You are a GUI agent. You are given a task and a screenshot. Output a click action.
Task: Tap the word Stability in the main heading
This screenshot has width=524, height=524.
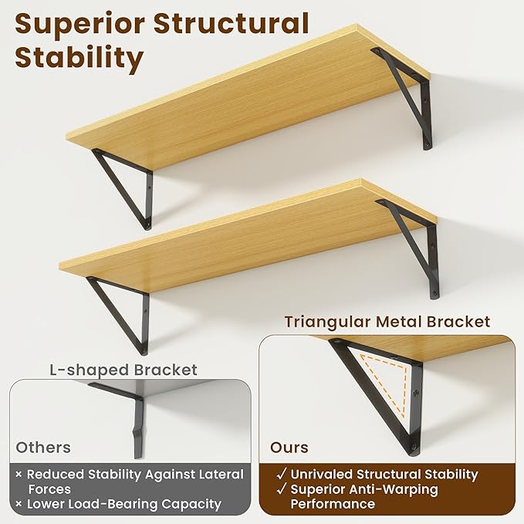pyautogui.click(x=79, y=58)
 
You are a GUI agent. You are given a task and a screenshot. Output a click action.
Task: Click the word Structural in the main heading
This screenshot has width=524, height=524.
pyautogui.click(x=232, y=22)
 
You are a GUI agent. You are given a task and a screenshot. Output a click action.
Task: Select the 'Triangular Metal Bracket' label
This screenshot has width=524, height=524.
pyautogui.click(x=387, y=322)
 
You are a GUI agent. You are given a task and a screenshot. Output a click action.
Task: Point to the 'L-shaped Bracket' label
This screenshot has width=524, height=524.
pyautogui.click(x=123, y=370)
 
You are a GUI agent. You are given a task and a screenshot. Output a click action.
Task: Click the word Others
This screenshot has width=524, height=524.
pyautogui.click(x=43, y=448)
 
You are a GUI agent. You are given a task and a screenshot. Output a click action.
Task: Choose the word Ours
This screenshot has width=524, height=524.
pyautogui.click(x=289, y=448)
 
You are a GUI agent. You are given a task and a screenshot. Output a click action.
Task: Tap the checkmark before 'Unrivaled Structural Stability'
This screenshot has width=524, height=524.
pyautogui.click(x=282, y=474)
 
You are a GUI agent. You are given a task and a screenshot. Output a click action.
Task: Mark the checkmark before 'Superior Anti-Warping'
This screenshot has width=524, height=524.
pyautogui.click(x=282, y=489)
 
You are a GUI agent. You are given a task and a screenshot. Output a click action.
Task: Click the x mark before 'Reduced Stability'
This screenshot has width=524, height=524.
pyautogui.click(x=19, y=474)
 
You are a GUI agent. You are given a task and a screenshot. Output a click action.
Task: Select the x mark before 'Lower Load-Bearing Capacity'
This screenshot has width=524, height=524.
pyautogui.click(x=19, y=504)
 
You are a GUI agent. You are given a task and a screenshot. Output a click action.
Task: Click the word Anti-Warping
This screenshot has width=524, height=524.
pyautogui.click(x=393, y=489)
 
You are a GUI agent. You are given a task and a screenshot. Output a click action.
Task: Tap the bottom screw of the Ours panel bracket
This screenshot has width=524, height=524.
pyautogui.click(x=413, y=446)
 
